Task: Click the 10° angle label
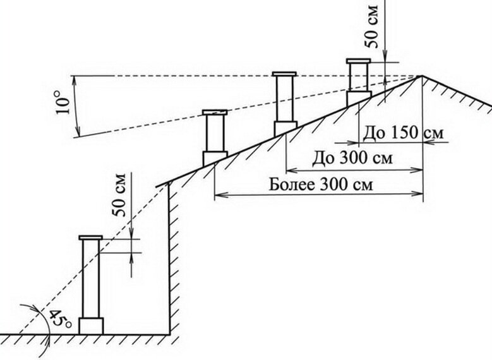click(64, 102)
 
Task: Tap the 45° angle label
click(59, 318)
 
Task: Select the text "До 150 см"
click(403, 133)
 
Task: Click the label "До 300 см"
click(352, 159)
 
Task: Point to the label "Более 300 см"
click(321, 185)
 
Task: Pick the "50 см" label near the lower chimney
click(120, 195)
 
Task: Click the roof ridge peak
click(421, 76)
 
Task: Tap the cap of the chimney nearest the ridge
click(358, 61)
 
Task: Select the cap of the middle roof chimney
click(284, 74)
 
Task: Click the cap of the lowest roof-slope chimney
click(215, 112)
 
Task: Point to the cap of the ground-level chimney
click(91, 237)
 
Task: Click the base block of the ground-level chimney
click(91, 326)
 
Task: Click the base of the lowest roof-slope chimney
click(214, 159)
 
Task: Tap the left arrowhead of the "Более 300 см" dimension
click(217, 195)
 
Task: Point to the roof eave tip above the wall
click(156, 187)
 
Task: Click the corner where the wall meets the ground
click(170, 335)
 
